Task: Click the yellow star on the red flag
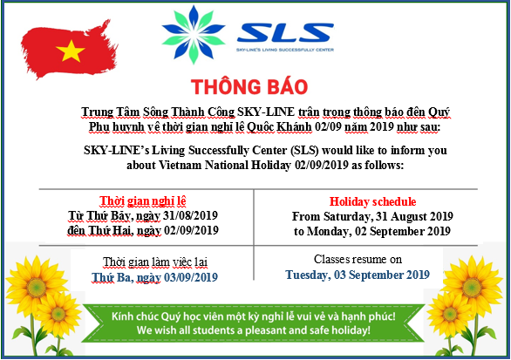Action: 71,51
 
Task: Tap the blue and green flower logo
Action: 194,34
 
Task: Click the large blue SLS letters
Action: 285,32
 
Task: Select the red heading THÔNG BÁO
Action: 249,86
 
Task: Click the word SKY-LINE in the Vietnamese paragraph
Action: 266,112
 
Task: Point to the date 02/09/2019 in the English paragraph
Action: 322,165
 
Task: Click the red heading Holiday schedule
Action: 372,201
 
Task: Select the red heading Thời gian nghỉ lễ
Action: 143,201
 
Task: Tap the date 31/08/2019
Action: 191,215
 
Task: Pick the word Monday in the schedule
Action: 330,231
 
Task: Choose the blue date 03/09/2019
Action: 191,277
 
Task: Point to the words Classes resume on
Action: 358,260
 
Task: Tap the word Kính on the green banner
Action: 122,316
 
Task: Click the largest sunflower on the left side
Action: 37,286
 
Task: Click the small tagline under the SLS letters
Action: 285,50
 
